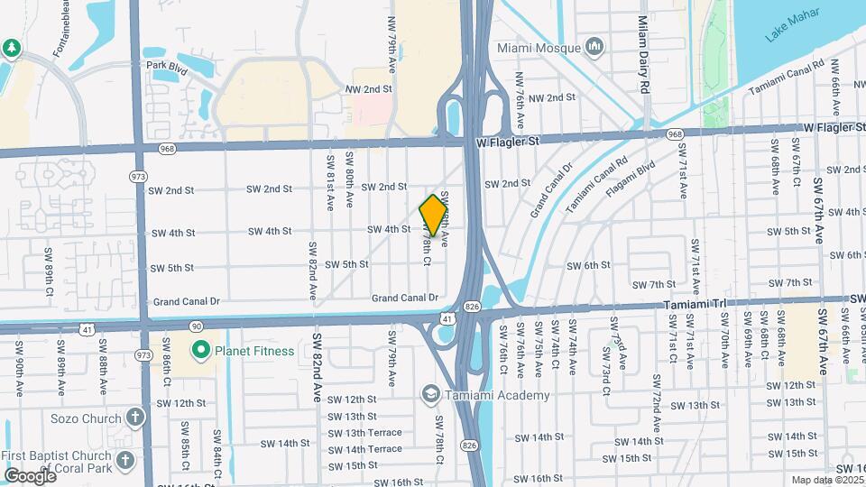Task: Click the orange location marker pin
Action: (x=434, y=215)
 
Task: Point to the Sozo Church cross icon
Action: (x=134, y=418)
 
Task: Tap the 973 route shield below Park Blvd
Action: (x=137, y=176)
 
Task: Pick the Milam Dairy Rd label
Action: (x=644, y=54)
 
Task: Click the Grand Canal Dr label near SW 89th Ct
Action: (x=187, y=301)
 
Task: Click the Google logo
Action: (x=30, y=475)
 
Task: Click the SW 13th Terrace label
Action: (x=364, y=433)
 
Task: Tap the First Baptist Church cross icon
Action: (x=125, y=459)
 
